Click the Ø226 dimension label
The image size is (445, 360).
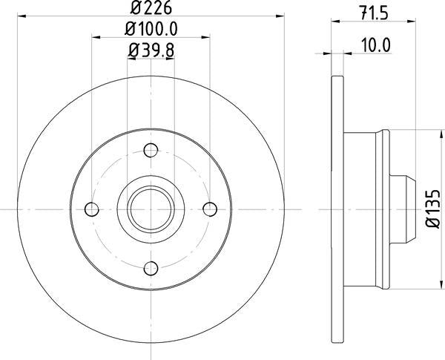point(151,8)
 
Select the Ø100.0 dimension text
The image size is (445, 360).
point(151,29)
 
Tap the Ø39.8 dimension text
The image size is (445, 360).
point(151,50)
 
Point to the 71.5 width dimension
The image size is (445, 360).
point(374,13)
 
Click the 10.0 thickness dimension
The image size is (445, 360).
point(376,45)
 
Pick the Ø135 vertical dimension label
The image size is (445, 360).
point(433,209)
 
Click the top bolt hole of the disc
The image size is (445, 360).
point(151,150)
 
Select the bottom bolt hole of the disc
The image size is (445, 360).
point(151,268)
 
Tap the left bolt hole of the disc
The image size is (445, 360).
point(92,209)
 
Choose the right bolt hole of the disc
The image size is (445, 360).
point(210,209)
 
